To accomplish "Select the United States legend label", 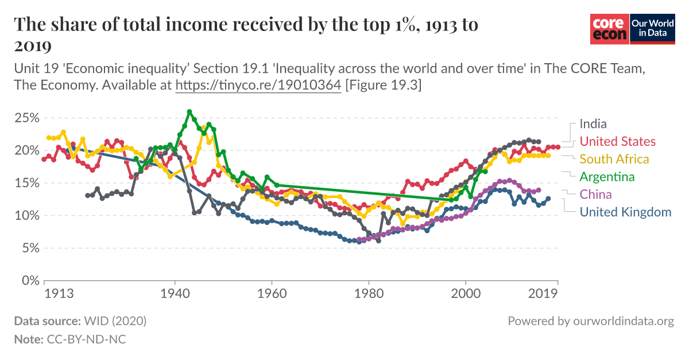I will click(617, 141).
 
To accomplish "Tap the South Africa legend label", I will click(614, 159).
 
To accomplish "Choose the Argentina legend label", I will click(607, 176).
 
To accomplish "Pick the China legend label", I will click(596, 194).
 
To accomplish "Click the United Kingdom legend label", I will click(625, 212).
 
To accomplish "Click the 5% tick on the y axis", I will click(28, 249).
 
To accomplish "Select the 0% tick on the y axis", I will click(28, 281).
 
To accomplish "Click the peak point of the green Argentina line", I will click(189, 112).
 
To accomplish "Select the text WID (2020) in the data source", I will click(115, 321).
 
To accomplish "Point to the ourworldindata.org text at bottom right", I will click(624, 321).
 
